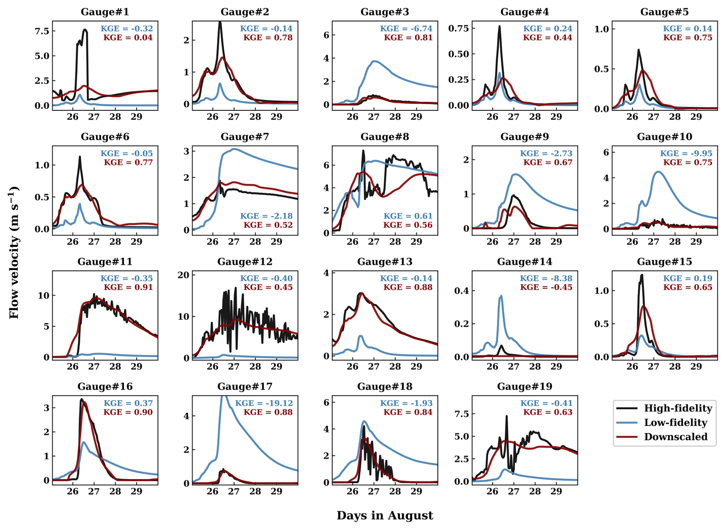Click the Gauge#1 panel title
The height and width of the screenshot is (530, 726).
pyautogui.click(x=105, y=12)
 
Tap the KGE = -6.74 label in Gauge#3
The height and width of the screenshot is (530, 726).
pyautogui.click(x=406, y=28)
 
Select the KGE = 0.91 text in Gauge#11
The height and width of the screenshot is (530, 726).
pyautogui.click(x=128, y=287)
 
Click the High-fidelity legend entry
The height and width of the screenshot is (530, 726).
pyautogui.click(x=678, y=408)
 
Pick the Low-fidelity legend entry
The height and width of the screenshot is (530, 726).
pyautogui.click(x=675, y=422)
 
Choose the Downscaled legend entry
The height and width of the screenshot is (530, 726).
pyautogui.click(x=675, y=436)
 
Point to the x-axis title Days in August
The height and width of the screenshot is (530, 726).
pyautogui.click(x=384, y=515)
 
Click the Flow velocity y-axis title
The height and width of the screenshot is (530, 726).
pyautogui.click(x=14, y=253)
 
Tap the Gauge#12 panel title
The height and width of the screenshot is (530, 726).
pyautogui.click(x=245, y=262)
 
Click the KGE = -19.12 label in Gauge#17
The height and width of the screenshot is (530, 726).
pyautogui.click(x=264, y=403)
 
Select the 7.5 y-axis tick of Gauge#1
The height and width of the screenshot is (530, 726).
pyautogui.click(x=42, y=31)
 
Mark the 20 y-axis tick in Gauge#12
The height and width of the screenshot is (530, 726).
pyautogui.click(x=184, y=275)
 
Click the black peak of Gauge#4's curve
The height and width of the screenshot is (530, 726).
pyautogui.click(x=500, y=26)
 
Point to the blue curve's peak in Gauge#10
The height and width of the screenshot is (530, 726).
pyautogui.click(x=658, y=172)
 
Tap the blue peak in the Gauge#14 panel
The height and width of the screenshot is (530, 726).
pyautogui.click(x=501, y=296)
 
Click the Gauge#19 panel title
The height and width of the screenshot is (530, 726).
pyautogui.click(x=525, y=387)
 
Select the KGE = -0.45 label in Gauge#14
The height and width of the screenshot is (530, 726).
pyautogui.click(x=546, y=287)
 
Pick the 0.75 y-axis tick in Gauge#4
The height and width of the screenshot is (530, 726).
pyautogui.click(x=459, y=28)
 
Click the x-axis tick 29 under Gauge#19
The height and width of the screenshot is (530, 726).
pyautogui.click(x=556, y=491)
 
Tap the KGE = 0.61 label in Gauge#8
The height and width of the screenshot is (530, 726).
pyautogui.click(x=408, y=216)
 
